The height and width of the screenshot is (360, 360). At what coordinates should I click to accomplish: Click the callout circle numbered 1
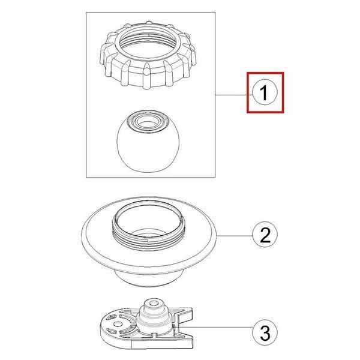265,92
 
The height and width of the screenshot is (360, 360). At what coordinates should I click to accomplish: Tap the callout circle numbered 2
265,235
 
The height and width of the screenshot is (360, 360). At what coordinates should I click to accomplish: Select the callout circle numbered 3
265,332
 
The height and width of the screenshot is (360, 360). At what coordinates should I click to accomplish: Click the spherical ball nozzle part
148,142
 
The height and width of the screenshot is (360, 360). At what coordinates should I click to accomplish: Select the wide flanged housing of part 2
149,241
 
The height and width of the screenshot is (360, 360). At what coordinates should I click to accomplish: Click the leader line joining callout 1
234,95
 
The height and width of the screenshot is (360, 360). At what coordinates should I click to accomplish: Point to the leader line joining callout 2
235,236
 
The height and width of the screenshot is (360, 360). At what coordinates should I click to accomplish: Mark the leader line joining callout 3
215,327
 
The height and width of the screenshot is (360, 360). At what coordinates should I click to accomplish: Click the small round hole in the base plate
118,324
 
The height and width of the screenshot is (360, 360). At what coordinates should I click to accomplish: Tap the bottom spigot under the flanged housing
149,278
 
